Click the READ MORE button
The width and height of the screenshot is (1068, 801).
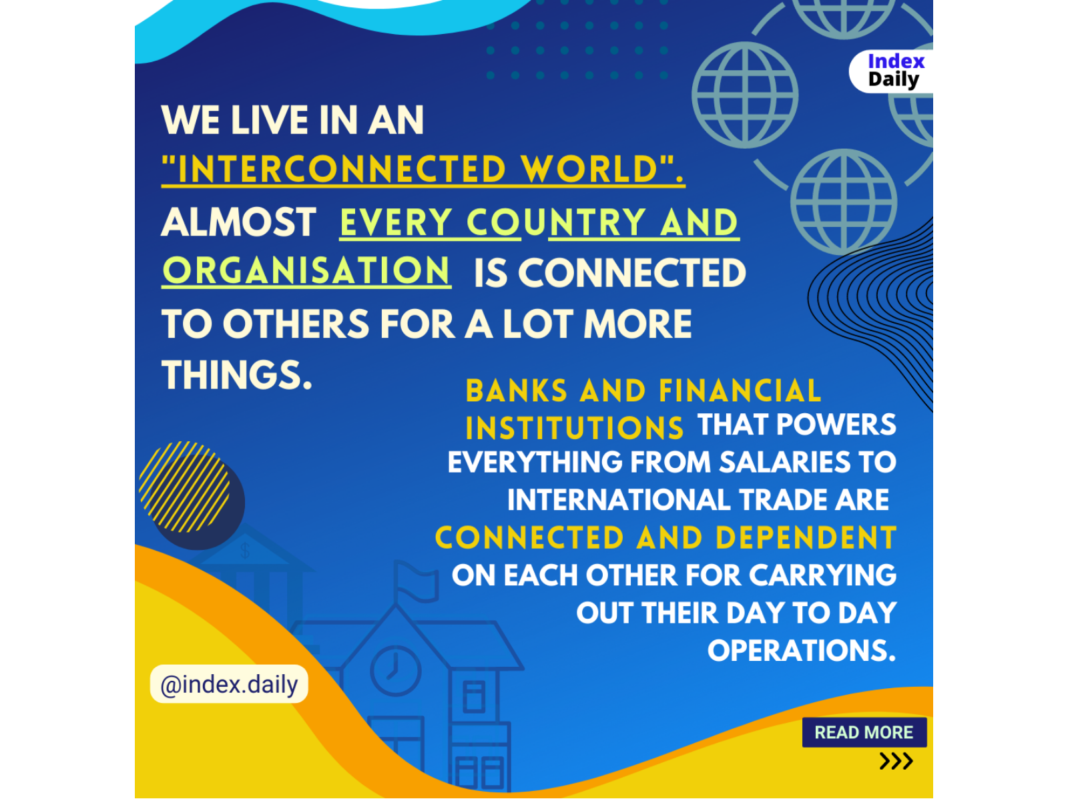pos(864,732)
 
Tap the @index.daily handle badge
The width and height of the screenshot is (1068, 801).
pos(229,684)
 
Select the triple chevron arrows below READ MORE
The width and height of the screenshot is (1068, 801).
pos(896,761)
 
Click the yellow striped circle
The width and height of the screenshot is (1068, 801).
pos(184,487)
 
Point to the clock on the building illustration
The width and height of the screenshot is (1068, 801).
pos(396,671)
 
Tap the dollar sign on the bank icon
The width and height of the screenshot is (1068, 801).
pos(245,551)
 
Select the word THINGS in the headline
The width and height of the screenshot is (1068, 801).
pos(236,374)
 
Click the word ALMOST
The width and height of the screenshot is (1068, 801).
pos(239,222)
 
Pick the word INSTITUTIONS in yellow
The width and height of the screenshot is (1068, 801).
pos(575,428)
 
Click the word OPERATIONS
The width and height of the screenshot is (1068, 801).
pos(802,650)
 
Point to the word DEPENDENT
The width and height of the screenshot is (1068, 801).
pos(806,537)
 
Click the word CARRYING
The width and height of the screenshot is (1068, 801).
pos(822,575)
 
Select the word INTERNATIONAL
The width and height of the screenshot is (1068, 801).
pos(619,499)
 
